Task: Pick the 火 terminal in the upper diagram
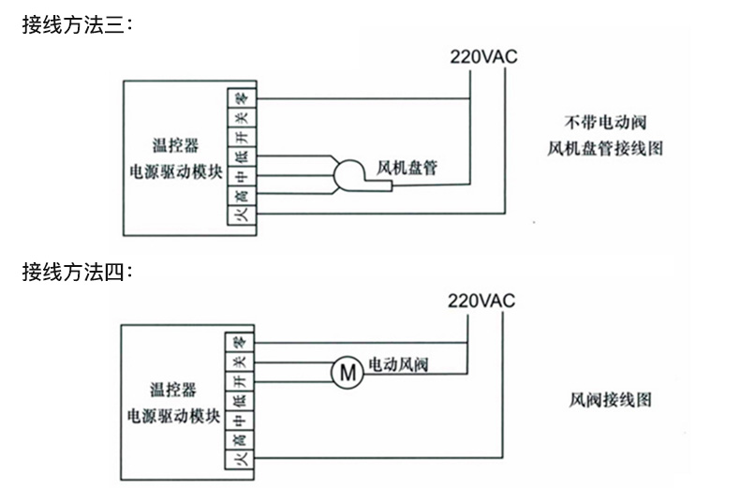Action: (x=241, y=214)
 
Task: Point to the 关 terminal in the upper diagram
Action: (x=241, y=117)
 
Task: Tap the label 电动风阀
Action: (x=397, y=364)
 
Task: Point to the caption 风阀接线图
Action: (x=610, y=400)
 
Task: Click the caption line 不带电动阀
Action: (x=606, y=122)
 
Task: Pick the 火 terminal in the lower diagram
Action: (x=239, y=460)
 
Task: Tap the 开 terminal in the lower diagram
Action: (x=239, y=381)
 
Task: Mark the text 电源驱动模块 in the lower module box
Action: (x=175, y=415)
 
